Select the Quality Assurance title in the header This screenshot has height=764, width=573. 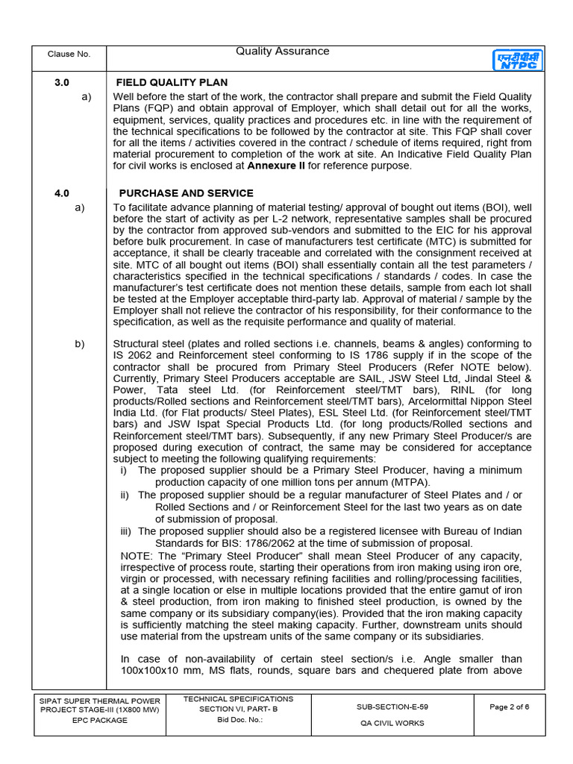282,51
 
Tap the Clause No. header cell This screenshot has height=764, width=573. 69,54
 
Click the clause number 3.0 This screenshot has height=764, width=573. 62,82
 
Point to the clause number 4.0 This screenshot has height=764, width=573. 62,193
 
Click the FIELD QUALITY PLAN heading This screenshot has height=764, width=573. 172,82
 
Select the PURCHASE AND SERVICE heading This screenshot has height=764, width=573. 186,193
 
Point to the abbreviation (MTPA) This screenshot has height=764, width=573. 409,482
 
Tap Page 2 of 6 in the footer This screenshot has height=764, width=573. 509,707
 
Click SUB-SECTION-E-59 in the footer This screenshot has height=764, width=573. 392,705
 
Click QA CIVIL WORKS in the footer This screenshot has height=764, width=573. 392,722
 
